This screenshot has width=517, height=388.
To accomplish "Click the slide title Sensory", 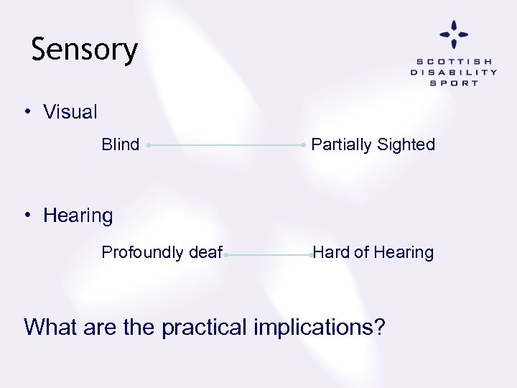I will [85, 50].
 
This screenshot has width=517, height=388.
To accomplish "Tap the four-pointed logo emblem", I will [454, 34].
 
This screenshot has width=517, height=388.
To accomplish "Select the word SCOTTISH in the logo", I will [454, 62].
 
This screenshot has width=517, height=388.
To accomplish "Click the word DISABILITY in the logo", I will [454, 73].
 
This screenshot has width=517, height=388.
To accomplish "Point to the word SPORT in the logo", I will [454, 83].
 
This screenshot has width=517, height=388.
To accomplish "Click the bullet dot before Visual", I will [27, 111].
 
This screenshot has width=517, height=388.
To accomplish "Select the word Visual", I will [70, 112].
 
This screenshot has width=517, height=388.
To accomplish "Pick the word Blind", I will [121, 144].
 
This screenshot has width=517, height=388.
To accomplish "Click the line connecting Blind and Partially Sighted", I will [226, 145].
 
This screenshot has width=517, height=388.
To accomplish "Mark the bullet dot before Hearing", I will [27, 215].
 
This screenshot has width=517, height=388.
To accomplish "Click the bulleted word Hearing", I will [78, 216].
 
